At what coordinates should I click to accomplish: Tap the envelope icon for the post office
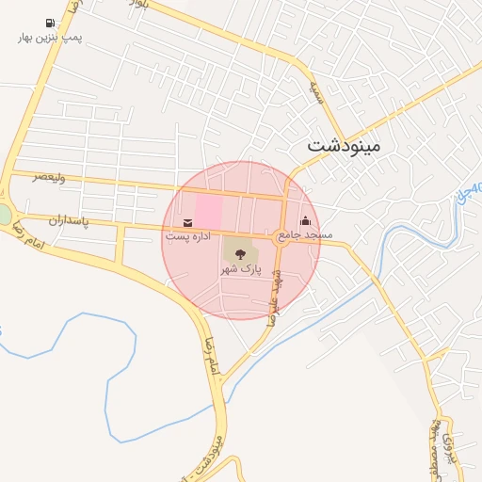click(187, 222)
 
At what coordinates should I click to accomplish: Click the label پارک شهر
click(239, 269)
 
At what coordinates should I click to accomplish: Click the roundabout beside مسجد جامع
click(281, 239)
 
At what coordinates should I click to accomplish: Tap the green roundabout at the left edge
click(5, 215)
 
